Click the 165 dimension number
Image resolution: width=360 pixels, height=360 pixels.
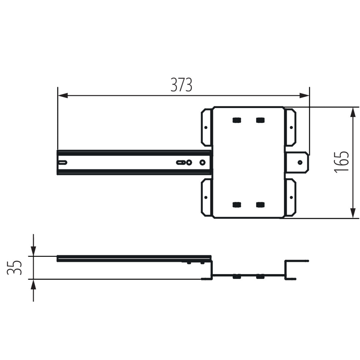click(x=342, y=162)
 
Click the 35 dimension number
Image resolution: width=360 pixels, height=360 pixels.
click(x=14, y=268)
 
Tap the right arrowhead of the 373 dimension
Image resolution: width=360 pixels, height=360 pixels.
click(x=304, y=95)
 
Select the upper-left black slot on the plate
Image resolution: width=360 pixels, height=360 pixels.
click(x=237, y=120)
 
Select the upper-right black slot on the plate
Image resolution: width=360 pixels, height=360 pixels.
click(x=260, y=120)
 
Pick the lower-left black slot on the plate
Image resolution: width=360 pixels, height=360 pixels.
click(x=237, y=205)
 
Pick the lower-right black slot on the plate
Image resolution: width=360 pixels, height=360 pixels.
click(x=260, y=205)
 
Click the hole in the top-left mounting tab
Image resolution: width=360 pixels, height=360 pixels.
click(x=206, y=127)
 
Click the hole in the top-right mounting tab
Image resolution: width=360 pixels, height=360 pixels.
click(x=291, y=127)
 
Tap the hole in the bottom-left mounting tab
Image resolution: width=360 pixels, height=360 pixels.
click(x=206, y=197)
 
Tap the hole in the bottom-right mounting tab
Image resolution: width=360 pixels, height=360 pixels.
click(x=291, y=197)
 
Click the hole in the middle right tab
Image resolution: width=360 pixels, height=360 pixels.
click(x=300, y=162)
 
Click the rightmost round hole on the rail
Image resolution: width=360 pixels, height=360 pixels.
click(x=202, y=162)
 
